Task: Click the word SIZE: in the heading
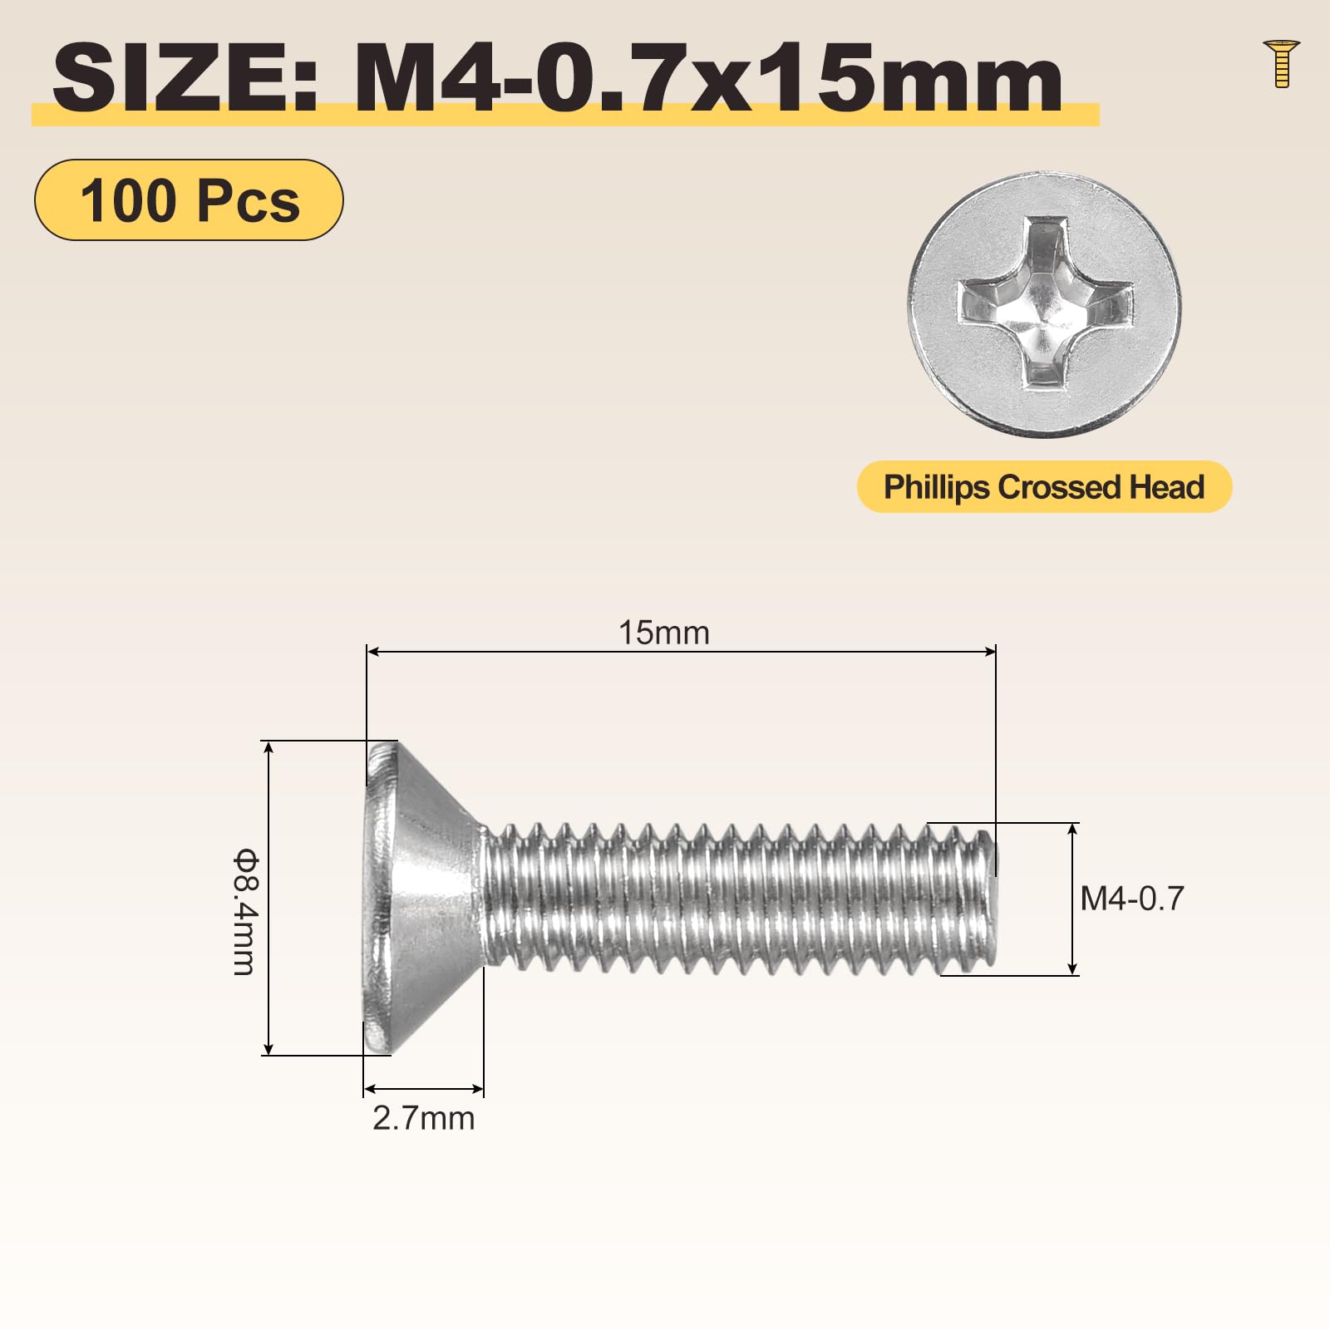pos(185,79)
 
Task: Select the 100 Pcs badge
pos(189,200)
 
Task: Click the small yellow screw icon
pos(1281,63)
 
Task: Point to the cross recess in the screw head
pos(1045,303)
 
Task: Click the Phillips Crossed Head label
pos(1044,487)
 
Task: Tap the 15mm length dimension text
pos(664,633)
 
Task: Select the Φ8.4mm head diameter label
pos(245,911)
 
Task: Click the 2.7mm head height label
pos(424,1119)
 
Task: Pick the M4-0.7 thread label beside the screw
pos(1132,899)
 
